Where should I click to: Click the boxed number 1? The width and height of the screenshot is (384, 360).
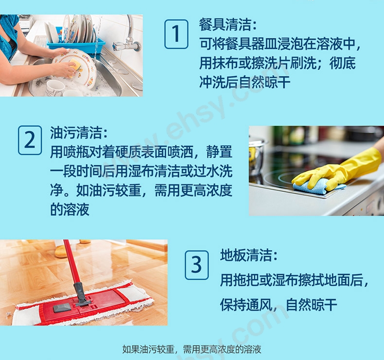tap(176, 34)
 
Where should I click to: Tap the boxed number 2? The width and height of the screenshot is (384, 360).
tap(30, 140)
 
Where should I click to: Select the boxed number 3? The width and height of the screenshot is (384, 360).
tap(197, 265)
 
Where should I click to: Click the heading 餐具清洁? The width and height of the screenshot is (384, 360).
tap(228, 25)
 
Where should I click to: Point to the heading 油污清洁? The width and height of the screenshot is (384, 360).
tap(79, 133)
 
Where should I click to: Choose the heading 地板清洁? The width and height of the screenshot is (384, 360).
tap(249, 255)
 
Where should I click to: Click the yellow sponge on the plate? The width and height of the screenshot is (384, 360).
tap(74, 69)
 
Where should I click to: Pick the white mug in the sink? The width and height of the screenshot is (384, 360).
tap(54, 88)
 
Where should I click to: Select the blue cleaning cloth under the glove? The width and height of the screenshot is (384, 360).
tap(315, 187)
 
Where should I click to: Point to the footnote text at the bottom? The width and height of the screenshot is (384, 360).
tap(192, 349)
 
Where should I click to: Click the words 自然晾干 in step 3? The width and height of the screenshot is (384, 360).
tap(312, 305)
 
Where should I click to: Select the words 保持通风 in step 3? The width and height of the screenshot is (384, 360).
tap(246, 305)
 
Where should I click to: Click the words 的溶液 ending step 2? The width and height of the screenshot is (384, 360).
tap(70, 210)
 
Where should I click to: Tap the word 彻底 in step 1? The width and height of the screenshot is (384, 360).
tap(342, 63)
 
